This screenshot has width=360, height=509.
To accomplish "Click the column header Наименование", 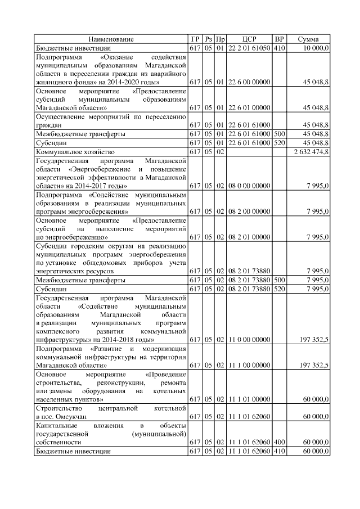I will [x=111, y=39].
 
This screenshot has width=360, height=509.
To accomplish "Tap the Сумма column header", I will [x=308, y=39].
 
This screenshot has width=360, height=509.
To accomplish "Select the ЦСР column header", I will [x=249, y=39].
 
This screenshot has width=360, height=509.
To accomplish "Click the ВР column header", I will [x=279, y=39].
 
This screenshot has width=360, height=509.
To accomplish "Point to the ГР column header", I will [x=195, y=39].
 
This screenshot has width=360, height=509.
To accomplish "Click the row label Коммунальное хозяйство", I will [x=75, y=152].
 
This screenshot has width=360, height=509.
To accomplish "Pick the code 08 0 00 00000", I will [x=249, y=186].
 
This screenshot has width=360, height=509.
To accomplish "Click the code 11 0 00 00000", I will [x=249, y=340].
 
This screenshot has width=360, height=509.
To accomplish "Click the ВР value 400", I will [x=279, y=442].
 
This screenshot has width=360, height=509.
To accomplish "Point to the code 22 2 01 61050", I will [x=249, y=48].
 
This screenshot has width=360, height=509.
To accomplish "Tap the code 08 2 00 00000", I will [x=249, y=211].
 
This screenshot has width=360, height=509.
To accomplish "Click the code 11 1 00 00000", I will [x=249, y=366].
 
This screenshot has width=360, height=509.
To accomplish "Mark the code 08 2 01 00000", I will [x=249, y=237].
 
